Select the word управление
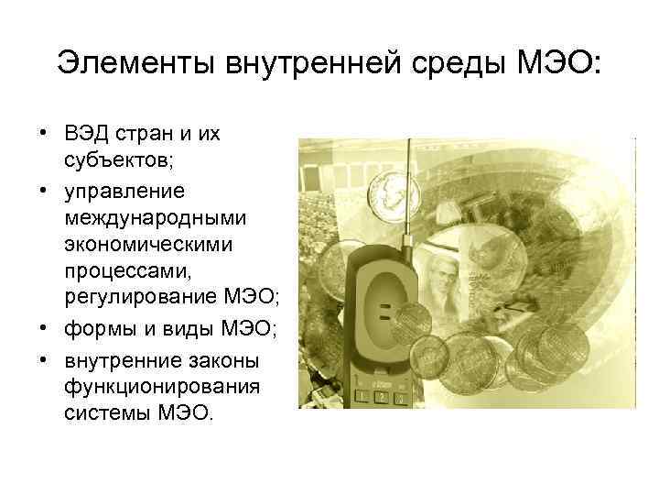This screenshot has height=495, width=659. point(124,192)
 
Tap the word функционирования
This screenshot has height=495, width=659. point(151,386)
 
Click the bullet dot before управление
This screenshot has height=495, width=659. point(45,192)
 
